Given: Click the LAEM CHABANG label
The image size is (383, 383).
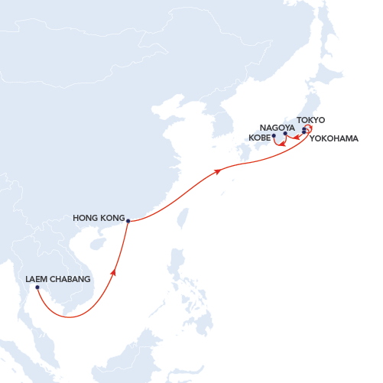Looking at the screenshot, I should click(x=58, y=279).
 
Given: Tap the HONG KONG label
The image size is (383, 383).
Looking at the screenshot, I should click(x=98, y=218).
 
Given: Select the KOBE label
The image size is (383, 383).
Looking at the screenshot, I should click(x=260, y=138).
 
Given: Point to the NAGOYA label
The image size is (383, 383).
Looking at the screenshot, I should click(x=277, y=128).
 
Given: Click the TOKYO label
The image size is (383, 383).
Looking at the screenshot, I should click(x=311, y=120).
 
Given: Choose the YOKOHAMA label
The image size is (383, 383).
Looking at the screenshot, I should click(x=334, y=138).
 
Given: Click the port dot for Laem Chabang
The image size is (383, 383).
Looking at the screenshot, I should click(x=37, y=287).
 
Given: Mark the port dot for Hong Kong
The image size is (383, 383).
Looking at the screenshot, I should click(x=128, y=221).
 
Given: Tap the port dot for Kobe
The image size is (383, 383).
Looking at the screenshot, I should click(x=273, y=137).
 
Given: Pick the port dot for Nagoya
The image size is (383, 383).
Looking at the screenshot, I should click(x=285, y=134).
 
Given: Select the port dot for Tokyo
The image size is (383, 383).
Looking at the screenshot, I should click(x=304, y=130).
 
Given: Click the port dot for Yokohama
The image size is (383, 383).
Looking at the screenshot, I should click(x=304, y=134).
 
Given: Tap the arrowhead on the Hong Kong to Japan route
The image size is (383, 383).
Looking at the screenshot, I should click(x=219, y=171).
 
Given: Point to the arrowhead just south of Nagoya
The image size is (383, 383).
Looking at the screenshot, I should click(x=283, y=143).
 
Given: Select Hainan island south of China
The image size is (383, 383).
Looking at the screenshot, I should click(x=97, y=245).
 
